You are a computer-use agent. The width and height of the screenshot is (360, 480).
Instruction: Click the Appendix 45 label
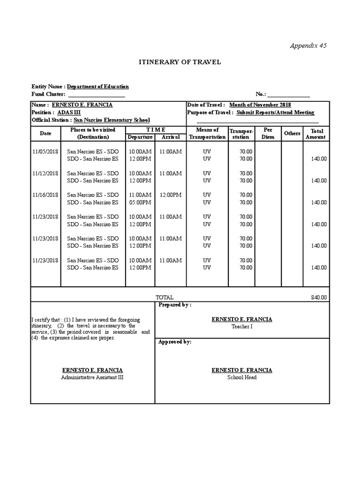coord(308,45)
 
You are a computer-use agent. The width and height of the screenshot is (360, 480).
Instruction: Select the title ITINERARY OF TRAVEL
coord(180,62)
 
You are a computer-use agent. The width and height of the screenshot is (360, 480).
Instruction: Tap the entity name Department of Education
coord(97,87)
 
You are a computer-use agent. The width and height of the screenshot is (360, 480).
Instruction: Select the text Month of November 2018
coord(260,105)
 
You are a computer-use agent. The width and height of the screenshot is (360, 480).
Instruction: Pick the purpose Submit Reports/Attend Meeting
coord(275,112)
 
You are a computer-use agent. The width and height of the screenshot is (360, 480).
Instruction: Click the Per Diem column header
coord(268,133)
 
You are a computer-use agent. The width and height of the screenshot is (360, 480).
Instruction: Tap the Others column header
coord(292,134)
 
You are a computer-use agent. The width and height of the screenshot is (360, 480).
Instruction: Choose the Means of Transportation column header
coord(207,133)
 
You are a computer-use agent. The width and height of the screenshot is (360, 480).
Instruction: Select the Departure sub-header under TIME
coord(140,137)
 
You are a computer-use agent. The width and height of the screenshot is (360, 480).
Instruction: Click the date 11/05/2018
coord(45,152)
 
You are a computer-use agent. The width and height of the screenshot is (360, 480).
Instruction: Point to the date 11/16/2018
coord(45,195)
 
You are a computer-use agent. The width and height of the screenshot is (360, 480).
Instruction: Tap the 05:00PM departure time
coord(140,202)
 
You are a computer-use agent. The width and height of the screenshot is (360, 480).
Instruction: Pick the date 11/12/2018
coord(45,173)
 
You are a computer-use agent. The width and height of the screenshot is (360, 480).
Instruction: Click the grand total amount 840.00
coord(319,298)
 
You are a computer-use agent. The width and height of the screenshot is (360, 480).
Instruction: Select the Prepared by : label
coord(175,305)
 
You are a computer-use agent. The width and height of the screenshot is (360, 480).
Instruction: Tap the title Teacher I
coord(241,327)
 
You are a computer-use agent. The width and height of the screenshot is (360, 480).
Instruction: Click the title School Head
coord(241,377)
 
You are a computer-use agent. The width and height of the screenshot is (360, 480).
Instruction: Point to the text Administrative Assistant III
coord(92,377)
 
